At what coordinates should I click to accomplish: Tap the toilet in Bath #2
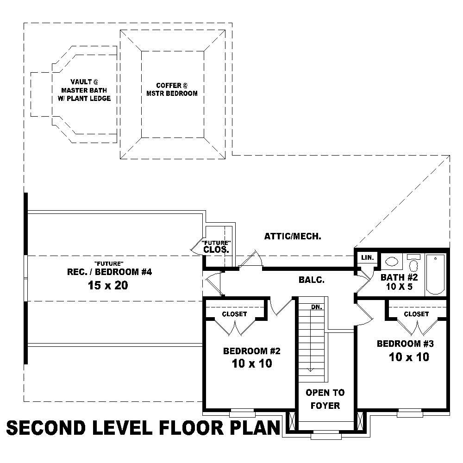pos(414,264)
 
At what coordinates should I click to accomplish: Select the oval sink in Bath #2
pos(393,261)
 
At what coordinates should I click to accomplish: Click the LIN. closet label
pos(368,257)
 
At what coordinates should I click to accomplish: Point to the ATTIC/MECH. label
pos(293,236)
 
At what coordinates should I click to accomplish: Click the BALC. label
pos(311,280)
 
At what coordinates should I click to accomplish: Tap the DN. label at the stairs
pos(317,307)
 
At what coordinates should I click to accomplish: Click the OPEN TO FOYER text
pos(325,399)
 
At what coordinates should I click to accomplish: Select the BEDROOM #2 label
pos(252,351)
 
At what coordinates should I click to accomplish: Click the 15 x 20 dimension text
pos(107,286)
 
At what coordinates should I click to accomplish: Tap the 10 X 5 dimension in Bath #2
pos(399,287)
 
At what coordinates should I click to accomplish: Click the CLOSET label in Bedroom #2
pos(234,314)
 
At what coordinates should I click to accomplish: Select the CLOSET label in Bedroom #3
pos(416,314)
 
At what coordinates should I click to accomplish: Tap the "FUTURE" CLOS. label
pos(216,247)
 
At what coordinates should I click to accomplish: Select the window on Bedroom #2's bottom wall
pos(243,411)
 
